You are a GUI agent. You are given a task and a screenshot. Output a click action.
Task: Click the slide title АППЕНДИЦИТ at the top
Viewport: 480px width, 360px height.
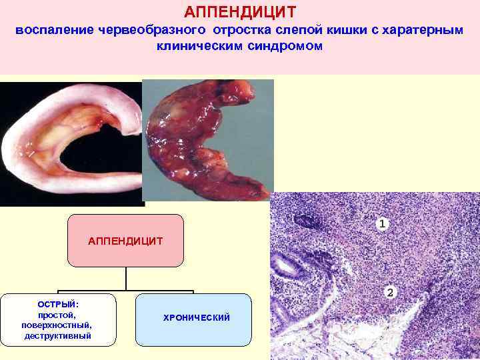pyautogui.click(x=240, y=12)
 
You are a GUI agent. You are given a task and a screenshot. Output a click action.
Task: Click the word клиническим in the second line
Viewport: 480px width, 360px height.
pyautogui.click(x=196, y=47)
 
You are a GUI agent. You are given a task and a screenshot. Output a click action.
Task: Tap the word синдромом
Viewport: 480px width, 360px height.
pyautogui.click(x=283, y=47)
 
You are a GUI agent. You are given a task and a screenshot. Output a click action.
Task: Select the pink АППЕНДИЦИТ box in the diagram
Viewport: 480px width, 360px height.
pyautogui.click(x=125, y=241)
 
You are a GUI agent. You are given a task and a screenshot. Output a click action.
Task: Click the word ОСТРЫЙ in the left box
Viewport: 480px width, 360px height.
pyautogui.click(x=58, y=304)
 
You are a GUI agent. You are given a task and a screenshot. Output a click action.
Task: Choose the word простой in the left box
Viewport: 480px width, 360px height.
pyautogui.click(x=57, y=315)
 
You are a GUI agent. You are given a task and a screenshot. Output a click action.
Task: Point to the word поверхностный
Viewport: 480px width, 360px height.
pyautogui.click(x=57, y=325)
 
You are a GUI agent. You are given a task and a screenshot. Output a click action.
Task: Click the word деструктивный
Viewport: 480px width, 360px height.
pyautogui.click(x=57, y=335)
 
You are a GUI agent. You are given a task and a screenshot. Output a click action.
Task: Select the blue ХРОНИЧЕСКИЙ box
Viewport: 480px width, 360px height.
pyautogui.click(x=194, y=319)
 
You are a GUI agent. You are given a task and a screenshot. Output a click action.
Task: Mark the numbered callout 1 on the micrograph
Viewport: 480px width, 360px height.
pyautogui.click(x=382, y=225)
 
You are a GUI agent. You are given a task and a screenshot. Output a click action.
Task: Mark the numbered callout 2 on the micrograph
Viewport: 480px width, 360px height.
pyautogui.click(x=390, y=292)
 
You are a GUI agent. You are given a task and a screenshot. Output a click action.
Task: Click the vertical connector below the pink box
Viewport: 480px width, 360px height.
pyautogui.click(x=126, y=279)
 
